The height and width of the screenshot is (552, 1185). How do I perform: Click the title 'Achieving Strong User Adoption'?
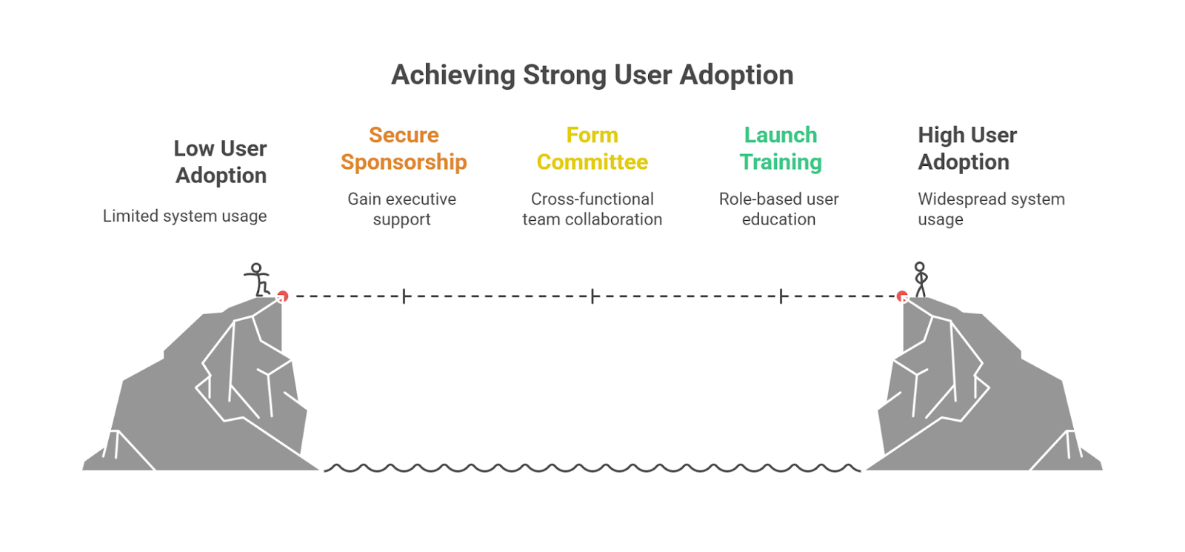[592, 75]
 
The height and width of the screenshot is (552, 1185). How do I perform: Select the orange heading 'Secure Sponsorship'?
[404, 148]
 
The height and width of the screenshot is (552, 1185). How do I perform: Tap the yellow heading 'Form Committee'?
[592, 148]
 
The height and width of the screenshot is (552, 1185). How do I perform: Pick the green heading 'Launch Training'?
[781, 148]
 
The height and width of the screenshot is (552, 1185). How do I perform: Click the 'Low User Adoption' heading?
[221, 162]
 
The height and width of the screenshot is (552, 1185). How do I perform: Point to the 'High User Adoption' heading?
[967, 148]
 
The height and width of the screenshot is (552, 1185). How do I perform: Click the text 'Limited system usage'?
[184, 216]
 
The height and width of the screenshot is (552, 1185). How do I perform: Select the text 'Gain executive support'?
[402, 209]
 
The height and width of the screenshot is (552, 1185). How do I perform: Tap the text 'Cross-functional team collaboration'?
[592, 209]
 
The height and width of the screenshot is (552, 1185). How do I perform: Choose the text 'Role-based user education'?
[779, 209]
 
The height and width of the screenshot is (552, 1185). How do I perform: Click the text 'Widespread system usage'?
[990, 209]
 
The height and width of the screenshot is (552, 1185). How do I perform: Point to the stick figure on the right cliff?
[921, 279]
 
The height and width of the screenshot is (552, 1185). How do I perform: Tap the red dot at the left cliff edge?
[282, 296]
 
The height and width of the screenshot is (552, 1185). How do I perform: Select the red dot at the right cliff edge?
[902, 296]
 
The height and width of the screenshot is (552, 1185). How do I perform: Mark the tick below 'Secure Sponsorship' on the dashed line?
[404, 296]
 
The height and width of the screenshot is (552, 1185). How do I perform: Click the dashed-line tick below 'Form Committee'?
[592, 296]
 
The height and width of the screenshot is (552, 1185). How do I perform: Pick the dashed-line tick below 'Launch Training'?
[781, 296]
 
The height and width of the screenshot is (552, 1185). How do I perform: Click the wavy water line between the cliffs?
[592, 468]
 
